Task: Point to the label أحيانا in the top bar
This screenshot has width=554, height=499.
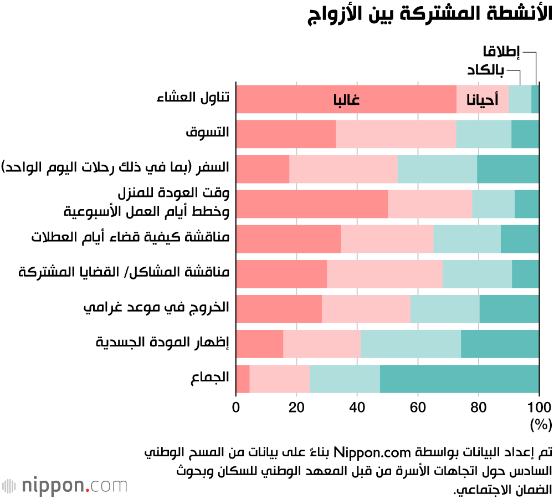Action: coord(483,100)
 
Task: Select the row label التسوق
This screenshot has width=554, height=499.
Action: coord(207,134)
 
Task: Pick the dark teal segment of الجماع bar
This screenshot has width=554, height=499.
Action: coord(459,379)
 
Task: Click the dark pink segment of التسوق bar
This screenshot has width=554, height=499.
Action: coord(286,134)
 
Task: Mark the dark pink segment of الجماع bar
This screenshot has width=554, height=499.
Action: coord(243,379)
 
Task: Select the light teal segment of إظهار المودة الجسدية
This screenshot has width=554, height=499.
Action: coord(411,344)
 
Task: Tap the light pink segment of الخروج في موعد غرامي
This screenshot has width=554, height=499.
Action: coord(366,309)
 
